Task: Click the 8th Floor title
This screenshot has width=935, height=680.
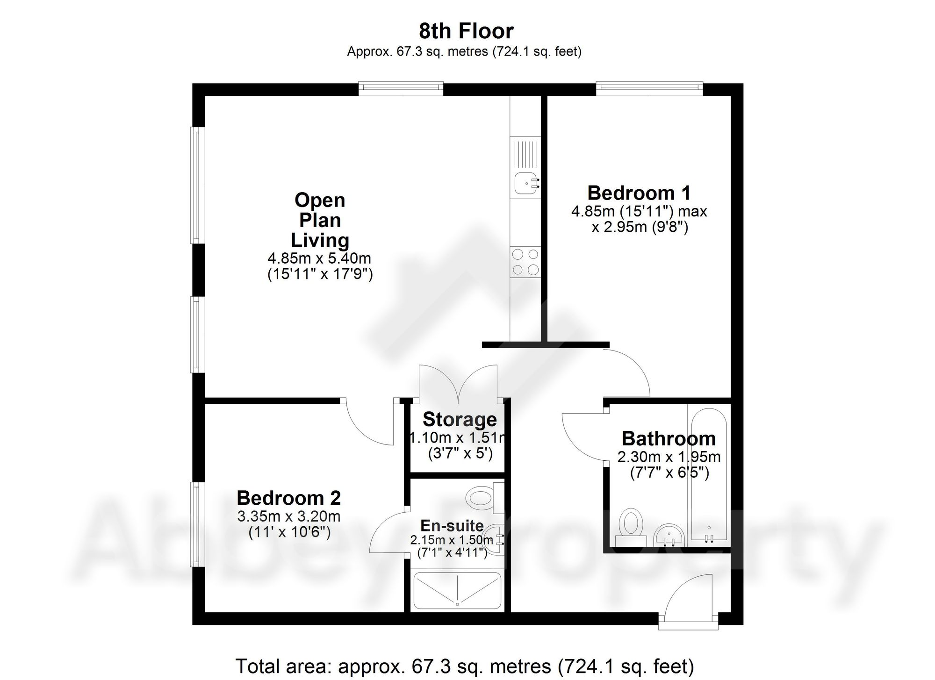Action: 466,31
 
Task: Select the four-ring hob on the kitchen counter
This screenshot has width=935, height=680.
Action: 525,262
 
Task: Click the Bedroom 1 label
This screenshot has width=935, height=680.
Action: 639,193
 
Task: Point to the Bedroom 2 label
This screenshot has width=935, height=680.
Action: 288,498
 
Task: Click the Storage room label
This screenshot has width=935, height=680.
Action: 460,419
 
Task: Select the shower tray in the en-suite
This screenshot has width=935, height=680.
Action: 457,591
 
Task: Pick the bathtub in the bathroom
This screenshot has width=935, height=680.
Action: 708,477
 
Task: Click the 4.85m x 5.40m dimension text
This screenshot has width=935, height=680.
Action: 319,258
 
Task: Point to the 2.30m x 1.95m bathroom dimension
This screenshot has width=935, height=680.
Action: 669,457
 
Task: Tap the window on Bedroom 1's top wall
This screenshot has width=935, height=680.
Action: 649,88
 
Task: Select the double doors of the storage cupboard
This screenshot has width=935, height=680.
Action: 458,383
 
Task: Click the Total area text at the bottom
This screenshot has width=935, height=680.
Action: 464,666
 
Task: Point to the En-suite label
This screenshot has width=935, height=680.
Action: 452,525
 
